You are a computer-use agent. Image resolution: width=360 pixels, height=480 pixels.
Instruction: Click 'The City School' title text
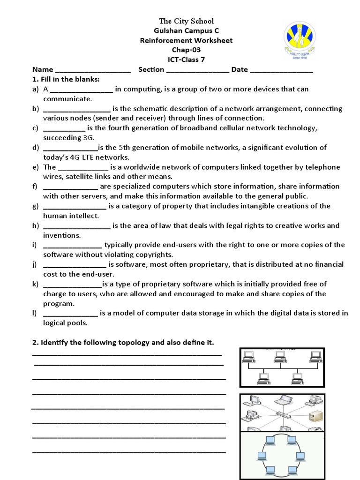(186, 21)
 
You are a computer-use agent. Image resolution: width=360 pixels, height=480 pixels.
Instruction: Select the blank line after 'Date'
(281, 70)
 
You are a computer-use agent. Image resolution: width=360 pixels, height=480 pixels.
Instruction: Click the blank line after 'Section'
(197, 70)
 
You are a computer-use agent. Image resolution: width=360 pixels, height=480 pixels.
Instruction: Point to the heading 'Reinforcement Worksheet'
(186, 40)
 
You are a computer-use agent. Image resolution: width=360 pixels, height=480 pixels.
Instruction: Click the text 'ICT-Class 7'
(186, 60)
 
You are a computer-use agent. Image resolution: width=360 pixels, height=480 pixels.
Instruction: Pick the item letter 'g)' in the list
(35, 206)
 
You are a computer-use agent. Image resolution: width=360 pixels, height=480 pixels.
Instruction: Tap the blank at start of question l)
(70, 313)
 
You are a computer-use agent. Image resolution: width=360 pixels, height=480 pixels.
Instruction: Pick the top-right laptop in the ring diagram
(292, 440)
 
